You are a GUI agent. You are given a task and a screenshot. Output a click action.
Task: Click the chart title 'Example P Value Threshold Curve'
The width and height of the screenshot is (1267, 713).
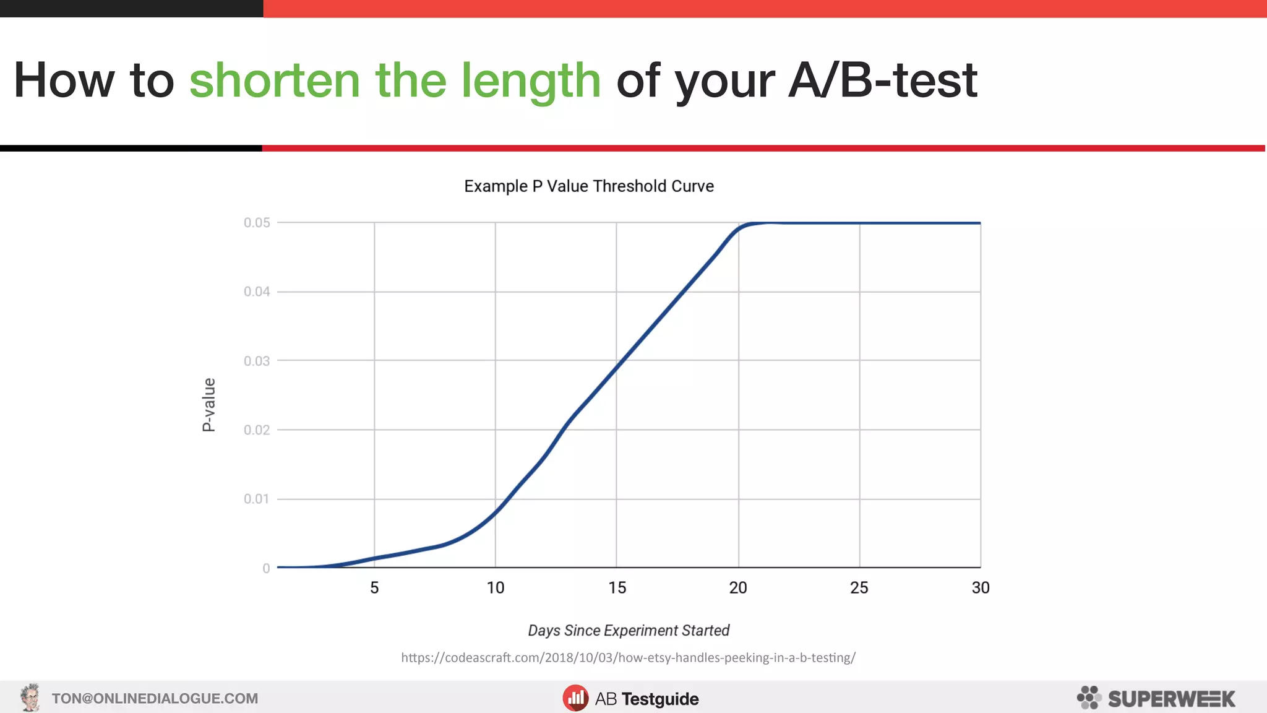pos(588,186)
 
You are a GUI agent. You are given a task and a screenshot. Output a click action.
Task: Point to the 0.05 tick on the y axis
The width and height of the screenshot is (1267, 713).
pos(257,223)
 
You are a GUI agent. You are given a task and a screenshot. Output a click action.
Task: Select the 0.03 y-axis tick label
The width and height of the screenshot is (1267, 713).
pos(257,361)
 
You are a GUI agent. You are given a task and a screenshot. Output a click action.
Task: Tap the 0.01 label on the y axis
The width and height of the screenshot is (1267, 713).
pos(257,499)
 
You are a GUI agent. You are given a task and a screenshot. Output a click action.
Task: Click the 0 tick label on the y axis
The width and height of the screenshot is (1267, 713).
pos(266,568)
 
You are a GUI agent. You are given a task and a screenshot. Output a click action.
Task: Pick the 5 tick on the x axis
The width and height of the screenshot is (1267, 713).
pos(374,588)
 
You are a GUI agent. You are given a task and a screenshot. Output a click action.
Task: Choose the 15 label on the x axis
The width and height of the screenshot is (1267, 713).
pos(617,588)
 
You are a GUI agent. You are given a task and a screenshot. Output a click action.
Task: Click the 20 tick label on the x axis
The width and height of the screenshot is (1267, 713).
pos(738,588)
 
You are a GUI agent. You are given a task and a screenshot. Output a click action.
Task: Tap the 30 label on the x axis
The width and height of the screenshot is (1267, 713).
pos(981,588)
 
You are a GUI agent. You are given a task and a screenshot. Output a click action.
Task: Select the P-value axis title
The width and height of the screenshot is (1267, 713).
pos(209,405)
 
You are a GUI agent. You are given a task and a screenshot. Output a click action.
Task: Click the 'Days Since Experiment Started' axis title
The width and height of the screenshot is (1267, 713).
pos(629,631)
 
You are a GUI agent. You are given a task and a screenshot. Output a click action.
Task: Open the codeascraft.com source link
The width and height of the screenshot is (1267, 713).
pos(628,658)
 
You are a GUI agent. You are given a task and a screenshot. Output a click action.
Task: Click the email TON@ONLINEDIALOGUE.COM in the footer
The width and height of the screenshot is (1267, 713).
pos(155,699)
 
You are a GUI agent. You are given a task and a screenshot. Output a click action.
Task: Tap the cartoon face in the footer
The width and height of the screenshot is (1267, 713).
pos(30,698)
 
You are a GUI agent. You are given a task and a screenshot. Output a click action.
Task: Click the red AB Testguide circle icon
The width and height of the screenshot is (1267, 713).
pos(575,698)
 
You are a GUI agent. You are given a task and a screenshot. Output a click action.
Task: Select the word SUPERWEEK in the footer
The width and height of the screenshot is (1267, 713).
pos(1171,699)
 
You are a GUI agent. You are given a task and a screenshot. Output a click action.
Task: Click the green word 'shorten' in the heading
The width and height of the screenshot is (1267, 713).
pos(274,80)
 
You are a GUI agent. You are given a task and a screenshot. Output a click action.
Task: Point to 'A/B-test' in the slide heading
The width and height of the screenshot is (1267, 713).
pos(883,80)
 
